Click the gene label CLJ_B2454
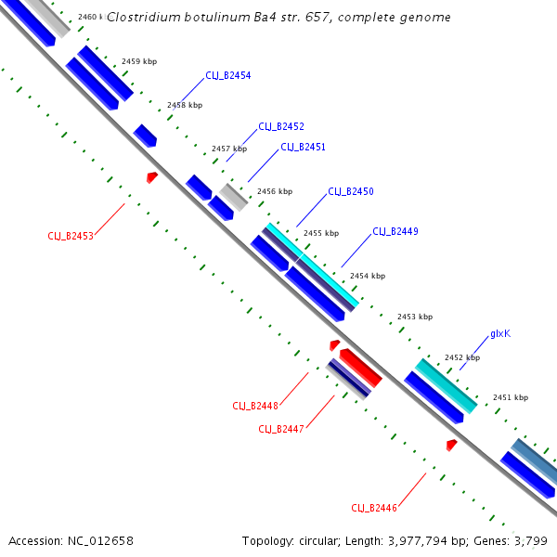click(228, 76)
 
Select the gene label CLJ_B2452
click(281, 126)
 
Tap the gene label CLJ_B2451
click(303, 147)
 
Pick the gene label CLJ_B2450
click(351, 191)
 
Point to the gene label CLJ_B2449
click(395, 231)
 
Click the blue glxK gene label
click(500, 334)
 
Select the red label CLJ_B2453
click(71, 236)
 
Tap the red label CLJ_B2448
click(255, 406)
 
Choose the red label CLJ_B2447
click(281, 429)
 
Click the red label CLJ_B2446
click(374, 508)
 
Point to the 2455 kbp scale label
click(321, 233)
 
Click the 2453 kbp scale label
click(415, 317)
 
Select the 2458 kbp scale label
click(185, 105)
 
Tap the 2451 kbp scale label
click(510, 397)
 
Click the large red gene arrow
click(360, 368)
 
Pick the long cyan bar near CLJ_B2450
click(312, 265)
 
